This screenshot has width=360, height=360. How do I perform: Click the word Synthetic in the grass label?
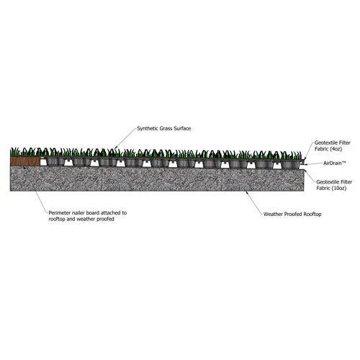tap(146, 129)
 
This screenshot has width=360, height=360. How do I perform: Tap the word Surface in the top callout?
tap(182, 128)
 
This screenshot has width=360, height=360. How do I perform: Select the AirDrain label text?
tap(335, 163)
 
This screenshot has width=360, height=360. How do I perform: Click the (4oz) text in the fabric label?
tap(336, 149)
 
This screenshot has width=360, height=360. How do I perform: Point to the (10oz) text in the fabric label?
tap(338, 188)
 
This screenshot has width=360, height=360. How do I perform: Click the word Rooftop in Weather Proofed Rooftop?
tap(312, 214)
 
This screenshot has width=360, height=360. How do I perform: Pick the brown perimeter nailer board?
tap(25, 161)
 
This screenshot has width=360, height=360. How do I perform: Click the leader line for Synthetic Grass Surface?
tap(125, 138)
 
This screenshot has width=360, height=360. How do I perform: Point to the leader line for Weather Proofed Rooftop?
tap(253, 202)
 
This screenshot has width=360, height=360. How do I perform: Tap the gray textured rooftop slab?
tap(157, 179)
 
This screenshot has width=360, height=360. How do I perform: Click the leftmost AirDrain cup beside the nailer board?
tap(55, 162)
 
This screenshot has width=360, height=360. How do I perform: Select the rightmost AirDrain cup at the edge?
tap(290, 165)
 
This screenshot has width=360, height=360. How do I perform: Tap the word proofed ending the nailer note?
tap(105, 219)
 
